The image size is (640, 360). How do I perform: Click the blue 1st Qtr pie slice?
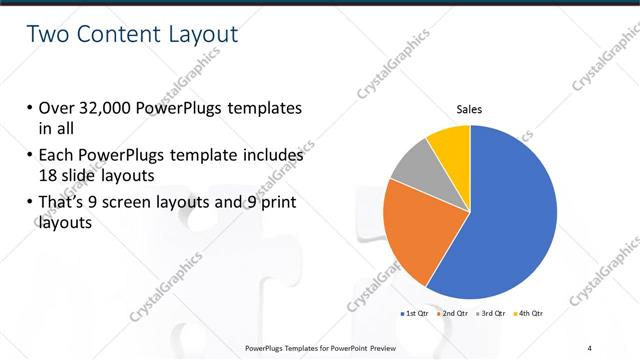click(505, 220)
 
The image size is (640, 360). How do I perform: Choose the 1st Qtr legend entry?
click(416, 314)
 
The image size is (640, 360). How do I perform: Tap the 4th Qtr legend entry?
click(531, 314)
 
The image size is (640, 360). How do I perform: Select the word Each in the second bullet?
click(58, 156)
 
